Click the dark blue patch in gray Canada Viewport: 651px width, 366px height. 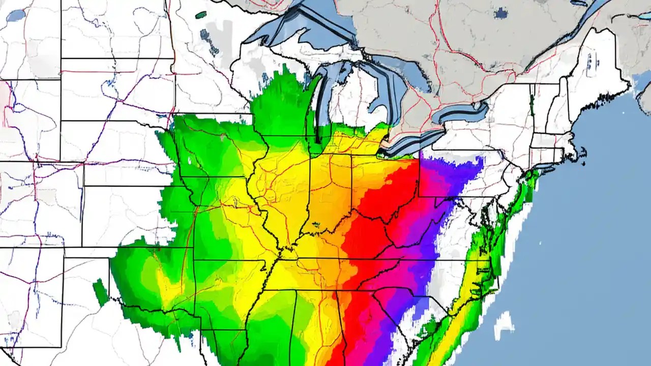tap(501, 13)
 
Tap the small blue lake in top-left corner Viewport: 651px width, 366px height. tap(16, 15)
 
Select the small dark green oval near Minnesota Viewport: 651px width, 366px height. tap(201, 15)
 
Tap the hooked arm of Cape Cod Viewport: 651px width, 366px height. tap(582, 152)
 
